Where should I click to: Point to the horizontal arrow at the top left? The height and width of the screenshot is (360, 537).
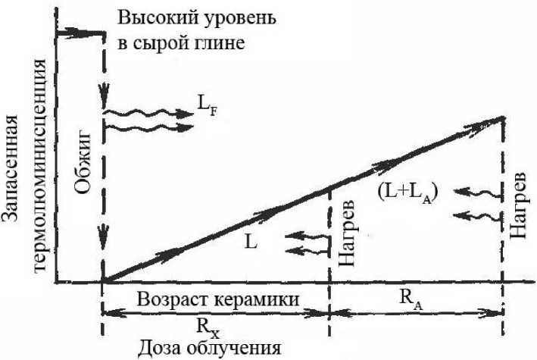pos(80,33)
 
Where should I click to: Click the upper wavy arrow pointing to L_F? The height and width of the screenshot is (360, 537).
pos(147,113)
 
